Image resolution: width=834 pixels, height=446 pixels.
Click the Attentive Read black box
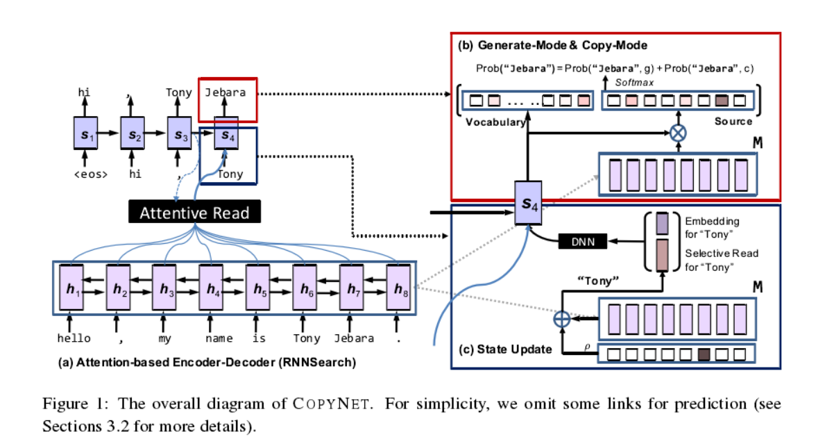click(x=194, y=213)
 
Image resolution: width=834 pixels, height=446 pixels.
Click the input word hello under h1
click(x=74, y=339)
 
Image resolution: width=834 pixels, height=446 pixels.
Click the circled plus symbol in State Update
click(x=561, y=318)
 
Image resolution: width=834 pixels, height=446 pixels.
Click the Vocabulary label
click(x=495, y=122)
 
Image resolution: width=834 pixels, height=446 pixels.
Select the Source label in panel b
click(x=733, y=122)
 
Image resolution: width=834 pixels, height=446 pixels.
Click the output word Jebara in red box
click(x=225, y=92)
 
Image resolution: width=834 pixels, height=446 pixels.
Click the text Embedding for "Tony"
click(x=712, y=227)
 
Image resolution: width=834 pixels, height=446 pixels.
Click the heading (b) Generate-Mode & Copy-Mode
click(x=552, y=45)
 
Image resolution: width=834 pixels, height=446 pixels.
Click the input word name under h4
click(x=219, y=339)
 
